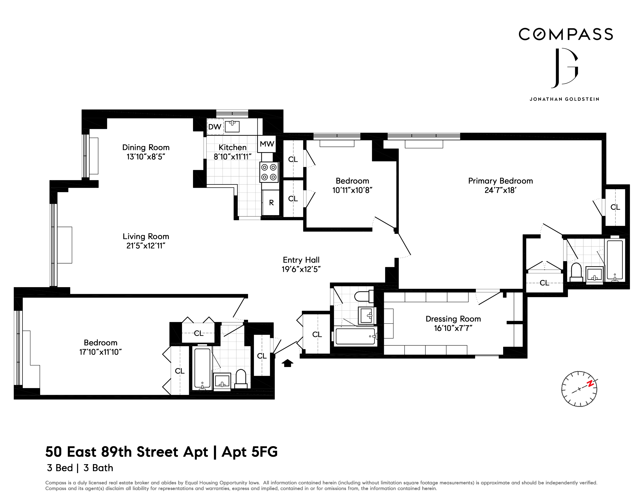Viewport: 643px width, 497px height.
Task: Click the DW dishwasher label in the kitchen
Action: point(215,127)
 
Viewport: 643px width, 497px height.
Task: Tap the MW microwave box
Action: point(267,144)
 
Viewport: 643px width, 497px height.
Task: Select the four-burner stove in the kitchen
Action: point(269,172)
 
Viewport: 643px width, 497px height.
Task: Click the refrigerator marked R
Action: point(271,202)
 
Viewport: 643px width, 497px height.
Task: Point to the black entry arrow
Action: point(287,363)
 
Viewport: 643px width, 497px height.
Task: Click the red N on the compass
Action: point(590,384)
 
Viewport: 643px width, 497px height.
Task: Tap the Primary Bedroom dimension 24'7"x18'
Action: point(500,190)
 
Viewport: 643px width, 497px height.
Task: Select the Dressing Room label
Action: point(453,319)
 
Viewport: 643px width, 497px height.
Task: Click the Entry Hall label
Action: point(301,260)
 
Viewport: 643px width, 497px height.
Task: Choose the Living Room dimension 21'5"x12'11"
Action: point(146,246)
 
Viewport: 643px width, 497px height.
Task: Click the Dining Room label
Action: point(146,147)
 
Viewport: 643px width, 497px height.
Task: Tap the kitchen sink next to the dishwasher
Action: point(232,126)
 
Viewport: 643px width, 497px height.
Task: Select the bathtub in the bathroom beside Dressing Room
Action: point(355,336)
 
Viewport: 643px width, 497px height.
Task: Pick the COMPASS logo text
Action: point(565,35)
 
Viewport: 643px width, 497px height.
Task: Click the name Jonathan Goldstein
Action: point(564,99)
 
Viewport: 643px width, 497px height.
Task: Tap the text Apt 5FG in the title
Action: point(249,452)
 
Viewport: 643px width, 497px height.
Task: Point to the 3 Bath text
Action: point(98,468)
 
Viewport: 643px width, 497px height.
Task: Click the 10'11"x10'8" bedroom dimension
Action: point(352,190)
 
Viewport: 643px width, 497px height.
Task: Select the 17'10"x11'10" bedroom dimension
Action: point(100,352)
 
